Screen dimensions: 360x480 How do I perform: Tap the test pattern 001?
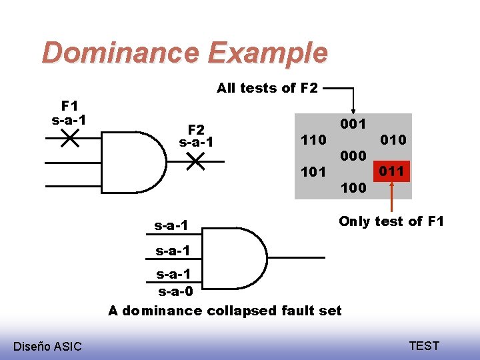coord(353,124)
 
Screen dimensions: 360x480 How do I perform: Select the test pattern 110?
coord(313,140)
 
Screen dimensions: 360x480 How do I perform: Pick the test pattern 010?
coord(393,140)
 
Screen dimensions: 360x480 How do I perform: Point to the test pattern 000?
coord(353,156)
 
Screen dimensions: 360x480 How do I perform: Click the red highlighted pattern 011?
coord(392,171)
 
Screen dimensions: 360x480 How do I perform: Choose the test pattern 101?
coord(313,172)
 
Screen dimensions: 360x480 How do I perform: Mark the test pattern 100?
coord(353,188)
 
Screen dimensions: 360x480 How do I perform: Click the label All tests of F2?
coord(267,87)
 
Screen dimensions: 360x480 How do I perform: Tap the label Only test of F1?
coord(391,221)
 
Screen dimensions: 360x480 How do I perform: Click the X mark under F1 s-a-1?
coord(69,139)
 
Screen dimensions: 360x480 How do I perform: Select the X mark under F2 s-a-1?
coord(195,161)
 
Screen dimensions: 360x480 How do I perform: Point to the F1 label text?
coord(69,105)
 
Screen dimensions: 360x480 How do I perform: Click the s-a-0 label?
coord(175,291)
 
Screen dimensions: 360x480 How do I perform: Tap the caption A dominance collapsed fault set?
coord(225,310)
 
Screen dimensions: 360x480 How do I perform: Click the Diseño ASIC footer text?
coord(47,346)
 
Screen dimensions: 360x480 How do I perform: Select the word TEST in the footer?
coord(424,345)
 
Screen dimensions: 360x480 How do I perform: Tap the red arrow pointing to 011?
coord(391,197)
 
